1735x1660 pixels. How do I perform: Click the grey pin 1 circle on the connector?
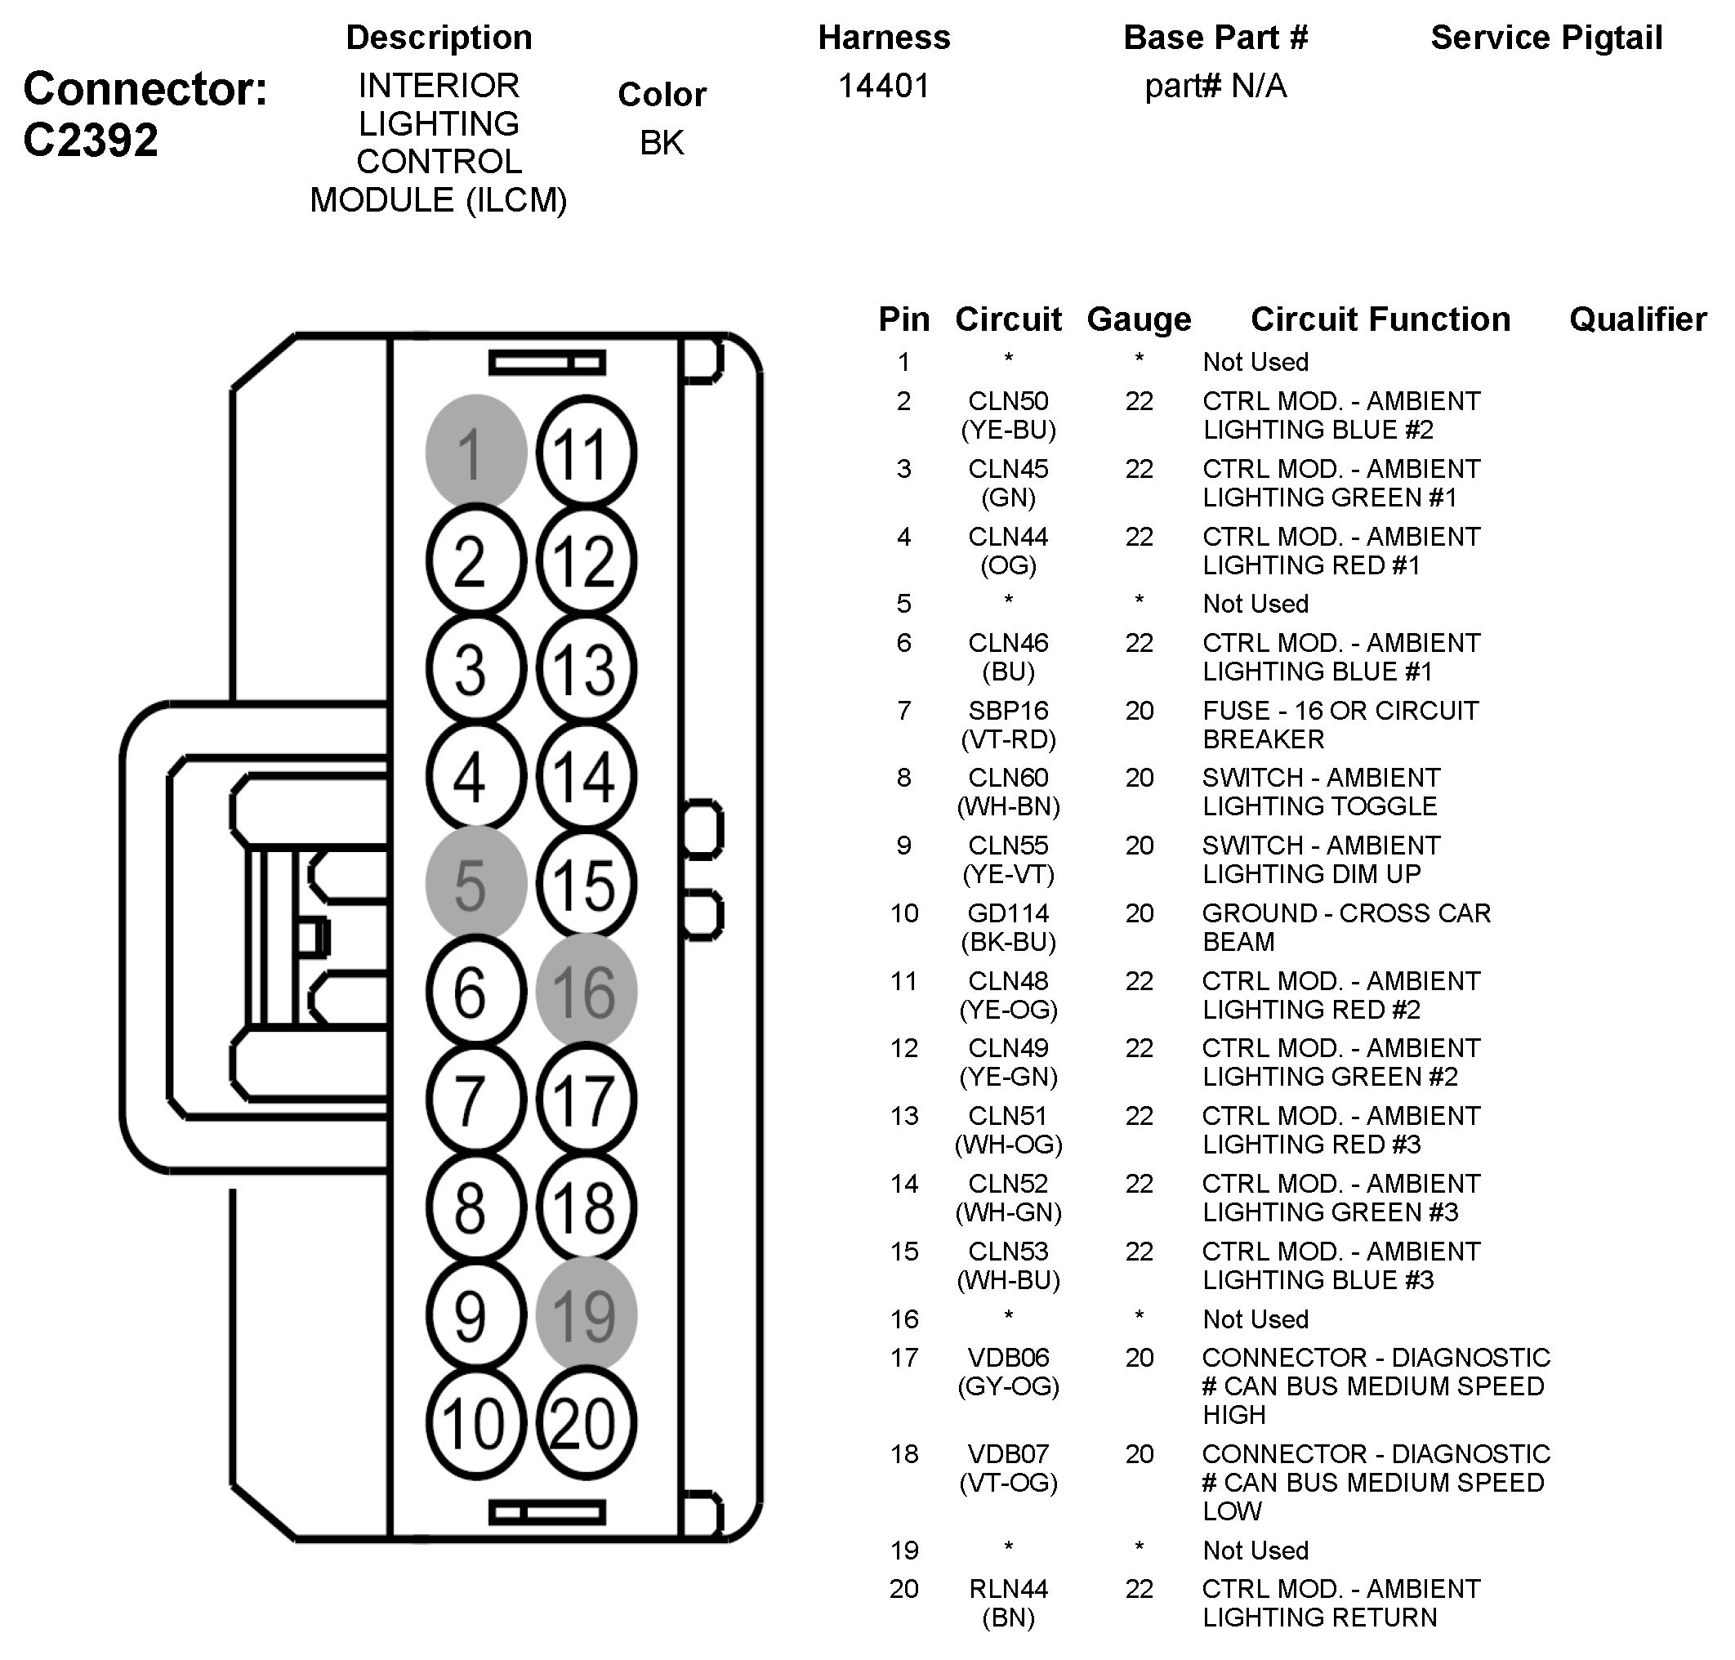475,452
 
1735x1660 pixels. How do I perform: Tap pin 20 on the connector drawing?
585,1423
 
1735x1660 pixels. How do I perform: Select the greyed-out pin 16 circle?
585,991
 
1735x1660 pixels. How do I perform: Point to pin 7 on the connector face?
475,1100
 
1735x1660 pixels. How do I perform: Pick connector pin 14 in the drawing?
585,776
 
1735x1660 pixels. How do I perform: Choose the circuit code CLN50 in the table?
1008,401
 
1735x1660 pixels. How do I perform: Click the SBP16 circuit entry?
1008,711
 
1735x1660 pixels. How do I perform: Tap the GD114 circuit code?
1008,913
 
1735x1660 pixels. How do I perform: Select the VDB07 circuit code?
1008,1454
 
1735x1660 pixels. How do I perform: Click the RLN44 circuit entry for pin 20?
1008,1589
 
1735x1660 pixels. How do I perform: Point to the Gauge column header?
1139,319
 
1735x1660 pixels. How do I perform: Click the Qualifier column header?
1638,319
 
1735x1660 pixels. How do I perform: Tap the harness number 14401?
884,86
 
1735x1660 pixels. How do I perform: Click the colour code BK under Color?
662,142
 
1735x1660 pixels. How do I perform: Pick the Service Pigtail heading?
1546,37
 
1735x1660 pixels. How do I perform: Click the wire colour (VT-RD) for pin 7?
1008,739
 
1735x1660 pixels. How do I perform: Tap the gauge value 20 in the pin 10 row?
1139,913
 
